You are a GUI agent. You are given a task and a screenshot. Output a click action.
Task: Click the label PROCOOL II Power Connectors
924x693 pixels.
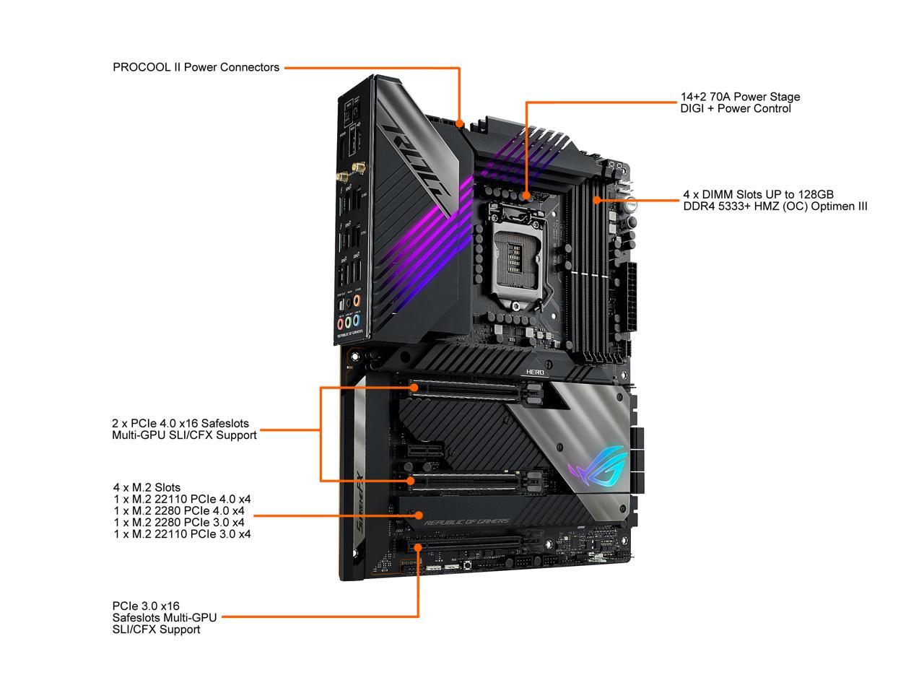pyautogui.click(x=196, y=67)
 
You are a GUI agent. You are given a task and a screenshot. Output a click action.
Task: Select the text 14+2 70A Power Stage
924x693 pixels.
pyautogui.click(x=740, y=97)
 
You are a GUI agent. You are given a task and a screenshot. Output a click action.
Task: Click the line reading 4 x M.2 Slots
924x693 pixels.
pyautogui.click(x=147, y=487)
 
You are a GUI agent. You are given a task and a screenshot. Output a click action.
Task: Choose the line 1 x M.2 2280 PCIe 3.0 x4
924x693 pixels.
pyautogui.click(x=179, y=522)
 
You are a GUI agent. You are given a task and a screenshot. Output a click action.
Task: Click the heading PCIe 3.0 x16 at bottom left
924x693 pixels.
pyautogui.click(x=146, y=606)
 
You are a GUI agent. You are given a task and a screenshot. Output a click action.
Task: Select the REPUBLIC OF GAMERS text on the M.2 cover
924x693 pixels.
pyautogui.click(x=466, y=522)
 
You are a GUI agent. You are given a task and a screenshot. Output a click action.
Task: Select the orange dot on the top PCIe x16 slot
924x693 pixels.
pyautogui.click(x=414, y=388)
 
